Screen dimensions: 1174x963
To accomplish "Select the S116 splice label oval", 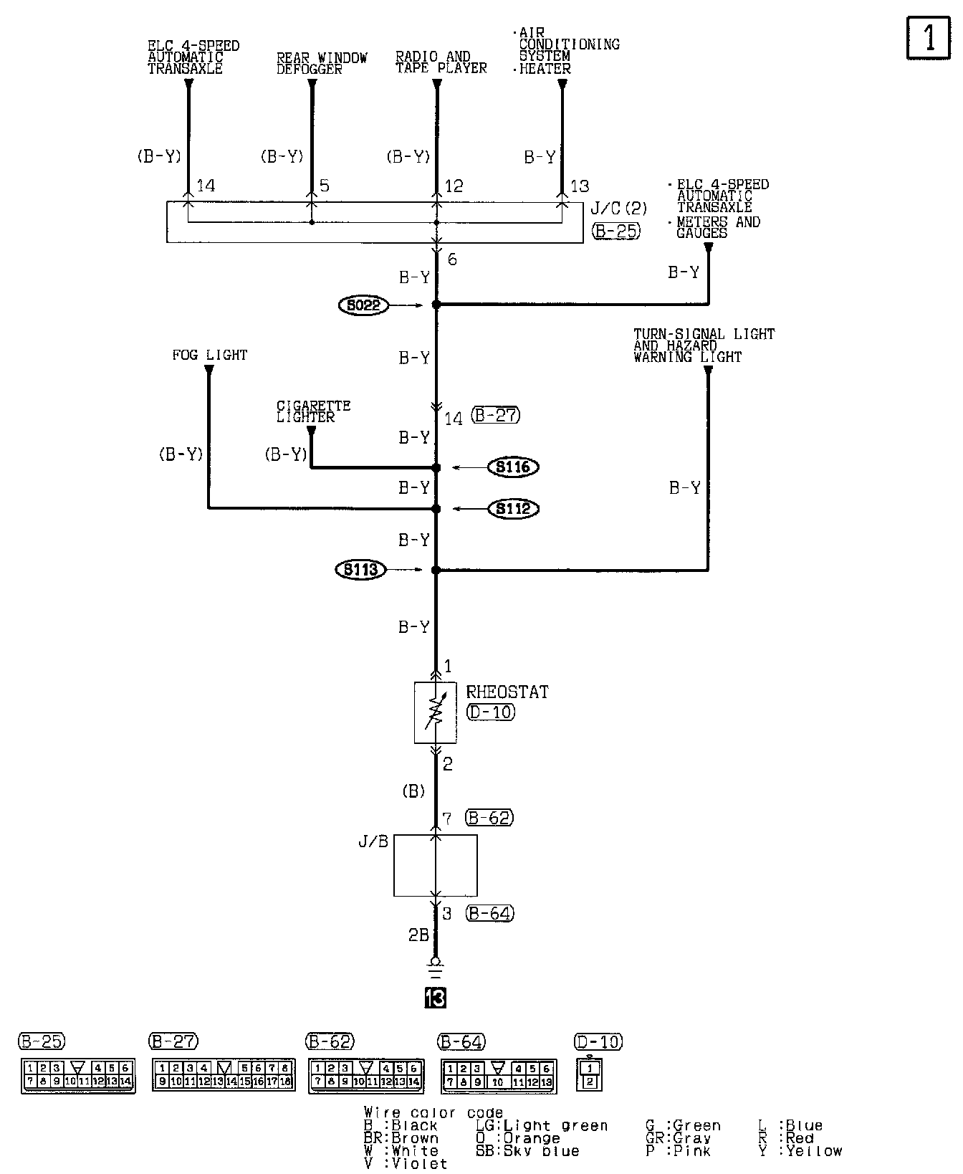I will [x=513, y=467].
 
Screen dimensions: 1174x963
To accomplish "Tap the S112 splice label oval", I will [x=513, y=509].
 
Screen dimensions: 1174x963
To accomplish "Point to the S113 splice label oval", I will [x=360, y=571].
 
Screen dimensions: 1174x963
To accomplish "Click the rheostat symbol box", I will [x=435, y=712].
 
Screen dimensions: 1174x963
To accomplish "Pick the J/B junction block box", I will [x=435, y=865].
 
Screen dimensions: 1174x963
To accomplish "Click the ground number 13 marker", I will [x=435, y=997].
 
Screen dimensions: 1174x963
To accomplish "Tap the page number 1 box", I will [x=929, y=37].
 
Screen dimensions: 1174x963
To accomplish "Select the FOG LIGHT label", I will [x=209, y=355].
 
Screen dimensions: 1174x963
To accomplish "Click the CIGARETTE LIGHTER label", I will [x=313, y=411].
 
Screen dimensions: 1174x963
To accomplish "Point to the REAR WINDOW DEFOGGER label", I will [x=322, y=63].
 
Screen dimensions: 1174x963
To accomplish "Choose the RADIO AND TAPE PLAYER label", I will [x=441, y=62].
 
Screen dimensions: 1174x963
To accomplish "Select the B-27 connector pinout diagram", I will [x=224, y=1074].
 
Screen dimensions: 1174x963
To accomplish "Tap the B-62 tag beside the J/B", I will [x=489, y=818].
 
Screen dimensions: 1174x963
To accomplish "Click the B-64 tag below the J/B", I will [x=490, y=913].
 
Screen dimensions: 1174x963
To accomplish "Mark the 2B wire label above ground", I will [x=418, y=935].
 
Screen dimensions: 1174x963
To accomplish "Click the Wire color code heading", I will [x=433, y=1113].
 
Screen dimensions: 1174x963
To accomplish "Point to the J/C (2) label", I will [x=618, y=209].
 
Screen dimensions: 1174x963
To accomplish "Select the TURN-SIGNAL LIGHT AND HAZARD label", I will [x=704, y=345].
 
